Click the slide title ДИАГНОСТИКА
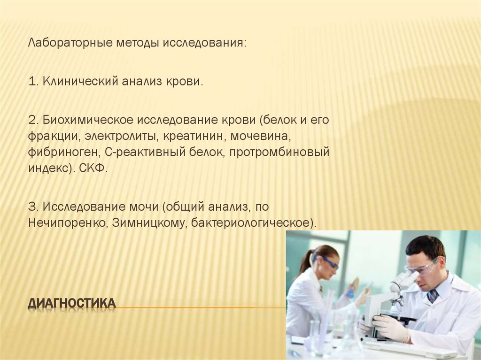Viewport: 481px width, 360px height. pyautogui.click(x=71, y=304)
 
